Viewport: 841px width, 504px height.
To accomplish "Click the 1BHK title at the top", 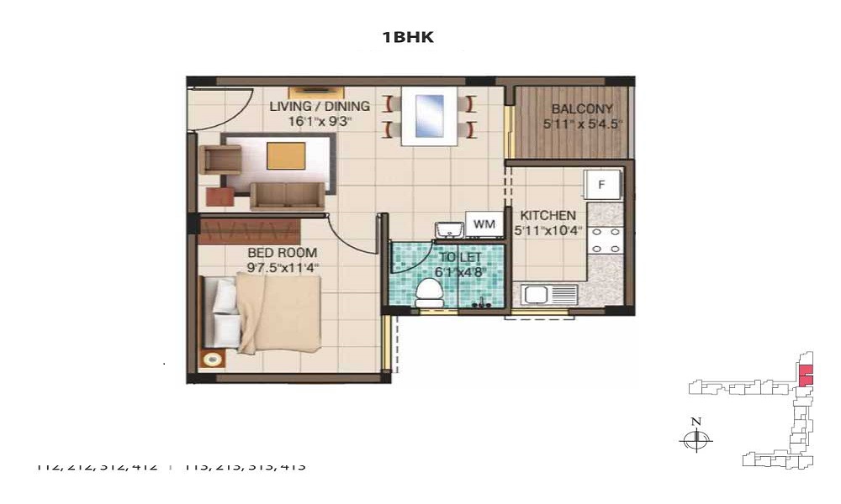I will click(x=407, y=37).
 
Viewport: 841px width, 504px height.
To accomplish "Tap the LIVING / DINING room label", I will click(x=319, y=107).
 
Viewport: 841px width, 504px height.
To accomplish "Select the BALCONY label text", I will click(x=582, y=109).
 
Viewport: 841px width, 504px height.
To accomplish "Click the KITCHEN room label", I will click(x=547, y=216).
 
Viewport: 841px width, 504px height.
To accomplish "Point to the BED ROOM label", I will click(x=282, y=253).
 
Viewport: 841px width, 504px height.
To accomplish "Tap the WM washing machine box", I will click(x=484, y=224).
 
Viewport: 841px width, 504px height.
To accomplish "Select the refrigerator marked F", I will click(x=603, y=185).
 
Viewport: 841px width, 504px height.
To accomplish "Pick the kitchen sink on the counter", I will click(x=548, y=295).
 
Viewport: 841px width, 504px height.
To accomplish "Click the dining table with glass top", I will click(x=430, y=116).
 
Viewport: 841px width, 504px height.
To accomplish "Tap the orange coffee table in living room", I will click(x=286, y=156).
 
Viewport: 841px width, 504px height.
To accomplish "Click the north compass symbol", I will click(x=696, y=438).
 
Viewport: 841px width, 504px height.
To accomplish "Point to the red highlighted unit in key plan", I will click(x=806, y=375).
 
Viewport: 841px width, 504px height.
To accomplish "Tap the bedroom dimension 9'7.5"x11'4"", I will click(x=283, y=268).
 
